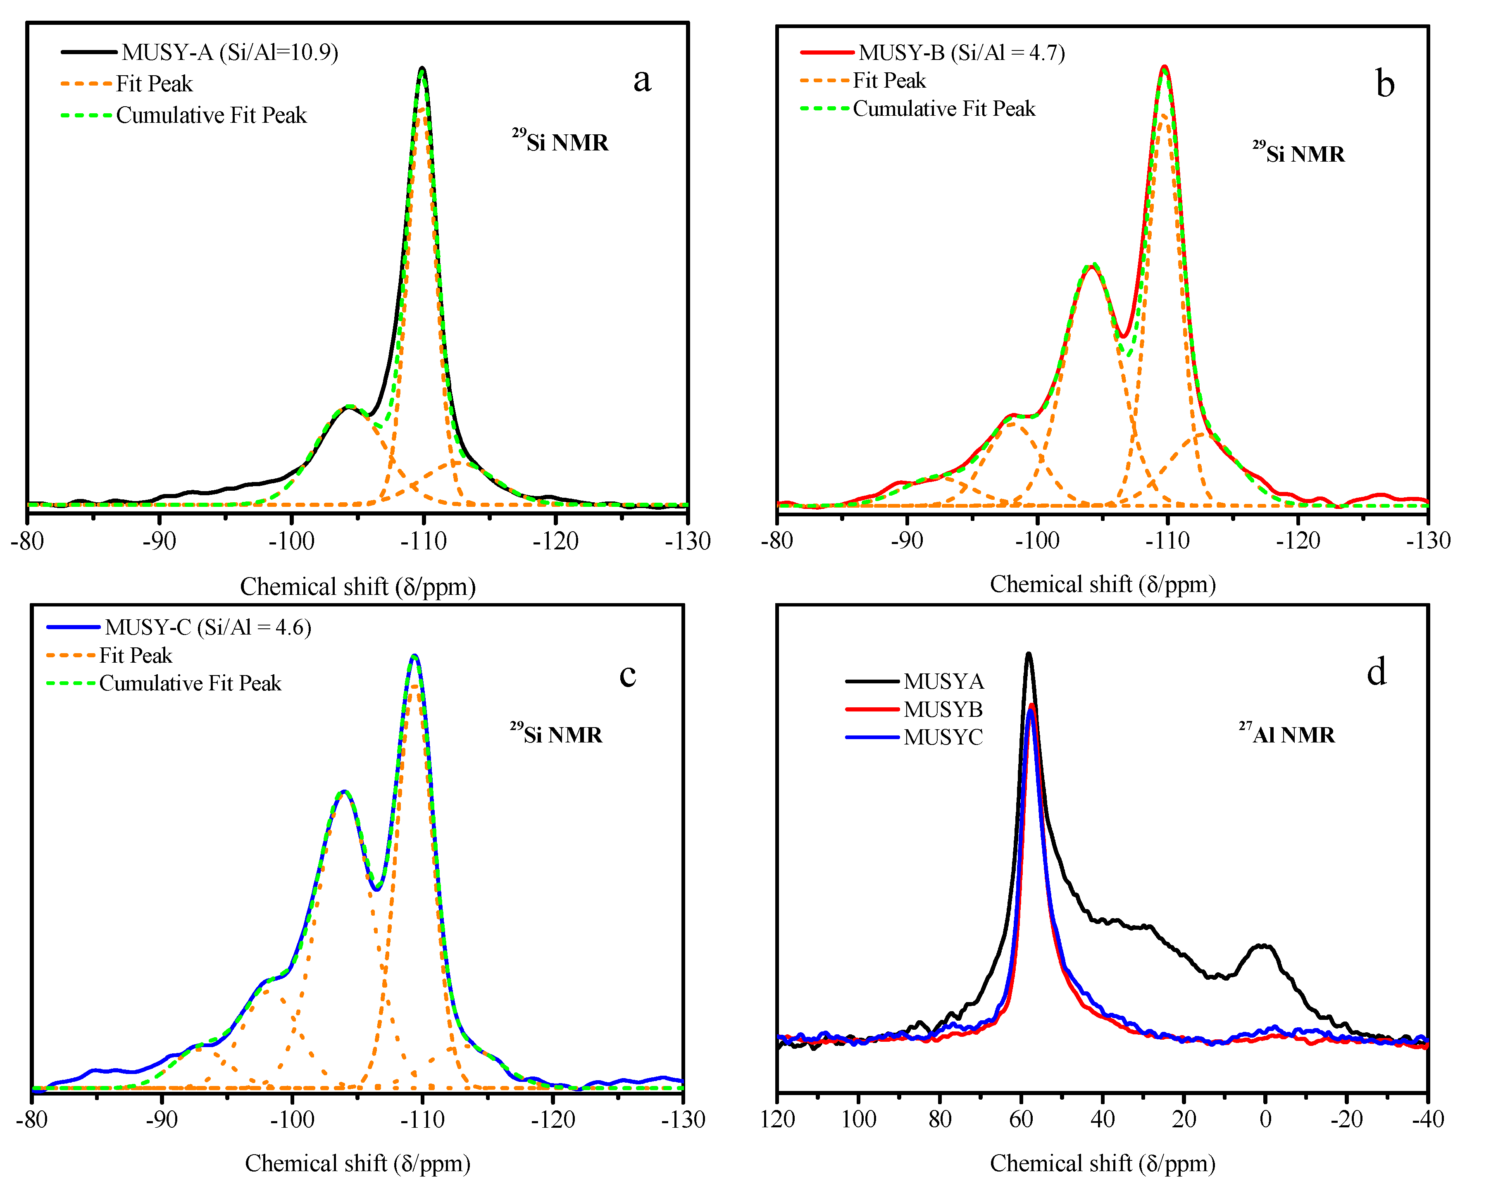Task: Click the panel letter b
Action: coord(1384,84)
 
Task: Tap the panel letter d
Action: coord(1376,672)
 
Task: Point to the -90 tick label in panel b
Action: coord(907,540)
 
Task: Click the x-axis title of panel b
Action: coord(1103,585)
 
